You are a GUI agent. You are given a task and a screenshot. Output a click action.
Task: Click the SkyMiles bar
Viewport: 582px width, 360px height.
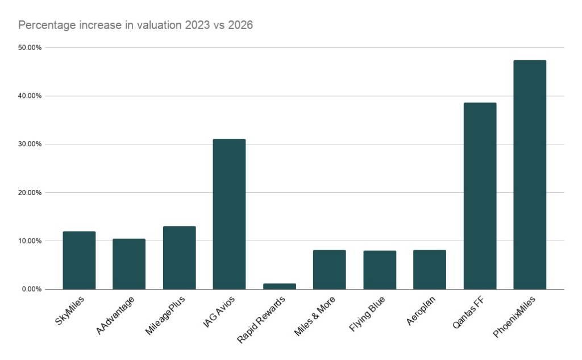click(79, 260)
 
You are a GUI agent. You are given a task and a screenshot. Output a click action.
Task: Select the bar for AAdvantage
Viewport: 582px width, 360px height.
click(129, 264)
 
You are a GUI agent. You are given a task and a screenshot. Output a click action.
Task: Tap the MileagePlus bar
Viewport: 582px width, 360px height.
click(179, 258)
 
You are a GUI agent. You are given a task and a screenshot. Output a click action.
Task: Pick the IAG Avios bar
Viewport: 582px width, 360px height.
click(229, 214)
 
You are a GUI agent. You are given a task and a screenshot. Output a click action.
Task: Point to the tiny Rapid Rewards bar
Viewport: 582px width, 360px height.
click(279, 286)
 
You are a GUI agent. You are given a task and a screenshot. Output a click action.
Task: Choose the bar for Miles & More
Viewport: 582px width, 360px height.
click(329, 270)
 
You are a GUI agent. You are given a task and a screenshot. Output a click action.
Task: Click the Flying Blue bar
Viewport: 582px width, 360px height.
click(380, 270)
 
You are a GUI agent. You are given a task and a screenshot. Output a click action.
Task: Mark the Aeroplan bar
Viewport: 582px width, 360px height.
click(430, 270)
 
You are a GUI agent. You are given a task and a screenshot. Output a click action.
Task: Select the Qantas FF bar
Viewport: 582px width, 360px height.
click(480, 196)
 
